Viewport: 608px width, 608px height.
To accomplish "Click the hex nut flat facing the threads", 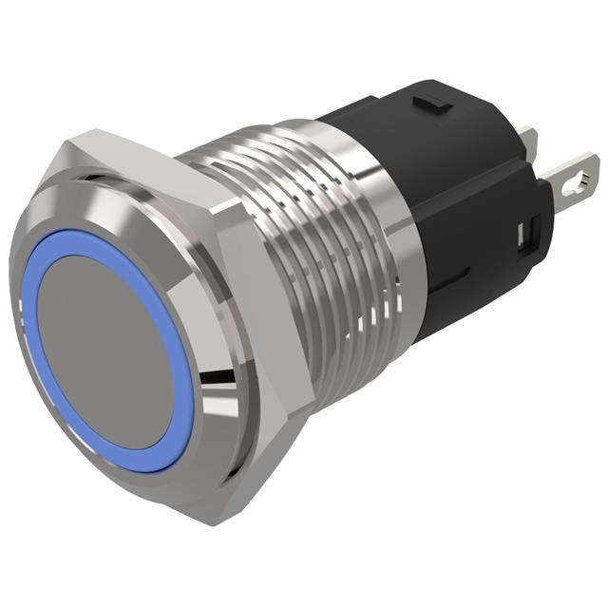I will (x=261, y=304).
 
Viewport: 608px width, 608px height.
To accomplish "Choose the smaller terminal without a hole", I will (x=528, y=142).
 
